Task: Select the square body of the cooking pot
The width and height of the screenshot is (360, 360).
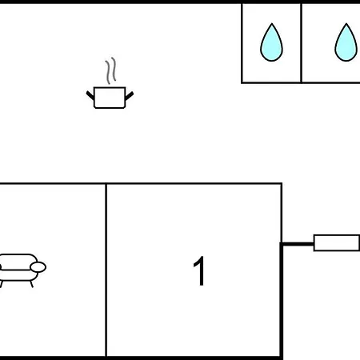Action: [110, 98]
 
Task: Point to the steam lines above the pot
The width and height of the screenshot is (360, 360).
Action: [111, 70]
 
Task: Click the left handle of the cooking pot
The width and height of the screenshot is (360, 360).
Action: [90, 95]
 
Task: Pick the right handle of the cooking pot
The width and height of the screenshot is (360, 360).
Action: [130, 95]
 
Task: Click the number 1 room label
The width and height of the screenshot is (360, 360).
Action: [199, 271]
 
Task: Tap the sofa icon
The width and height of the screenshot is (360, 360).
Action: [22, 270]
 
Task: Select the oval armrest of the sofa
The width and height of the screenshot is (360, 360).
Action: [38, 267]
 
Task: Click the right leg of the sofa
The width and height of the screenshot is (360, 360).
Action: [31, 284]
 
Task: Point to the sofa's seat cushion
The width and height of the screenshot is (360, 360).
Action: [16, 275]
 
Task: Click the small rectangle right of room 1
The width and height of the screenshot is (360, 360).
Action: [337, 242]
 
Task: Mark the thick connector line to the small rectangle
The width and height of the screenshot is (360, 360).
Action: [298, 244]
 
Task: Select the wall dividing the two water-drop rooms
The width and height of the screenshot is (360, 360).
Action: [301, 43]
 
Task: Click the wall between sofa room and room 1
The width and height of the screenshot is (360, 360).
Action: [106, 270]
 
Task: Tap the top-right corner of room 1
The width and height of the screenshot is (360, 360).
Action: [282, 183]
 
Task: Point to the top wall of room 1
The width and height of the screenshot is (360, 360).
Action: [194, 183]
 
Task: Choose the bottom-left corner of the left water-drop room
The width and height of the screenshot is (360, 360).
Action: [242, 82]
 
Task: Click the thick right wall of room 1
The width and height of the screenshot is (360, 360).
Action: [281, 300]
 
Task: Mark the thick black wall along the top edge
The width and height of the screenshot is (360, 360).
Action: [180, 2]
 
